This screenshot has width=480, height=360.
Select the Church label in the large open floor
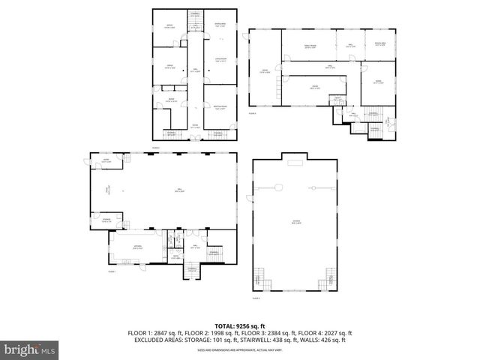pos(295,220)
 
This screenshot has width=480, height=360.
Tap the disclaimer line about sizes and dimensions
pos(240,349)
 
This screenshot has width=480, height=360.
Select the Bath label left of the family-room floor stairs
pos(337,98)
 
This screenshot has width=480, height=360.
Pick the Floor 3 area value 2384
pos(279,333)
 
